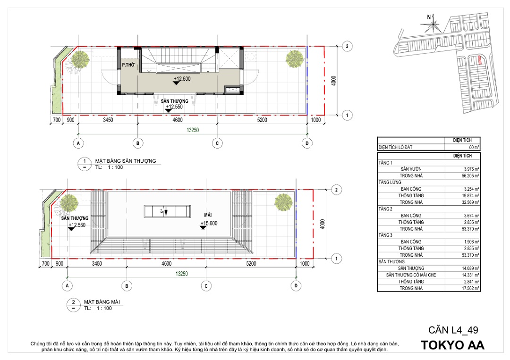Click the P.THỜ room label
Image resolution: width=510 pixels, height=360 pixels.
pos(128,65)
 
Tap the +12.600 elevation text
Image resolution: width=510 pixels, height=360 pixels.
pos(182,79)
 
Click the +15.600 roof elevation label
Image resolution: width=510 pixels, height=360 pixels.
pos(209,223)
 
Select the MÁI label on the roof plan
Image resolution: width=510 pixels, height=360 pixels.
pos(208,215)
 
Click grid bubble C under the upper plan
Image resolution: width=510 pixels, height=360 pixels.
pos(217,143)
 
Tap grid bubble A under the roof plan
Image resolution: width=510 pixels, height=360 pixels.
pos(67,285)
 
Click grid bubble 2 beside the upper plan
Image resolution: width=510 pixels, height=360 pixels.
pos(347,46)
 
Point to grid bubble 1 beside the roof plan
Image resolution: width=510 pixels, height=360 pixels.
pos(336,259)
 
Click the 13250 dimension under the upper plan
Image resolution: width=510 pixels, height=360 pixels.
pos(193,130)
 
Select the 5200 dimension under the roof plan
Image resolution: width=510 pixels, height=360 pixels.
pos(251,263)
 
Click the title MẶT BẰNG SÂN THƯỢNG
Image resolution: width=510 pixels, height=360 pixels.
pos(126,161)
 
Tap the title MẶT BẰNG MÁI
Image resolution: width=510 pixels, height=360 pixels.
pos(102,302)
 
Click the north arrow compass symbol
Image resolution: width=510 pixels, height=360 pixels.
pos(433,24)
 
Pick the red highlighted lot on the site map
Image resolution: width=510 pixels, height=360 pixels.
pos(479,60)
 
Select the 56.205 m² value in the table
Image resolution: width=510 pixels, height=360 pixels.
pos(470,176)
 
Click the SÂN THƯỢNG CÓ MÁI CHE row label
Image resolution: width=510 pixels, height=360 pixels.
pos(411,275)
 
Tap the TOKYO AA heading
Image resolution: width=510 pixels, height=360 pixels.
pos(453,345)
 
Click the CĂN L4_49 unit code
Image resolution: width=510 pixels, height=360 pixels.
pos(453,330)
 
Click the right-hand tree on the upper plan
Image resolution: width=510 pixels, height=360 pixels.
pos(295,59)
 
